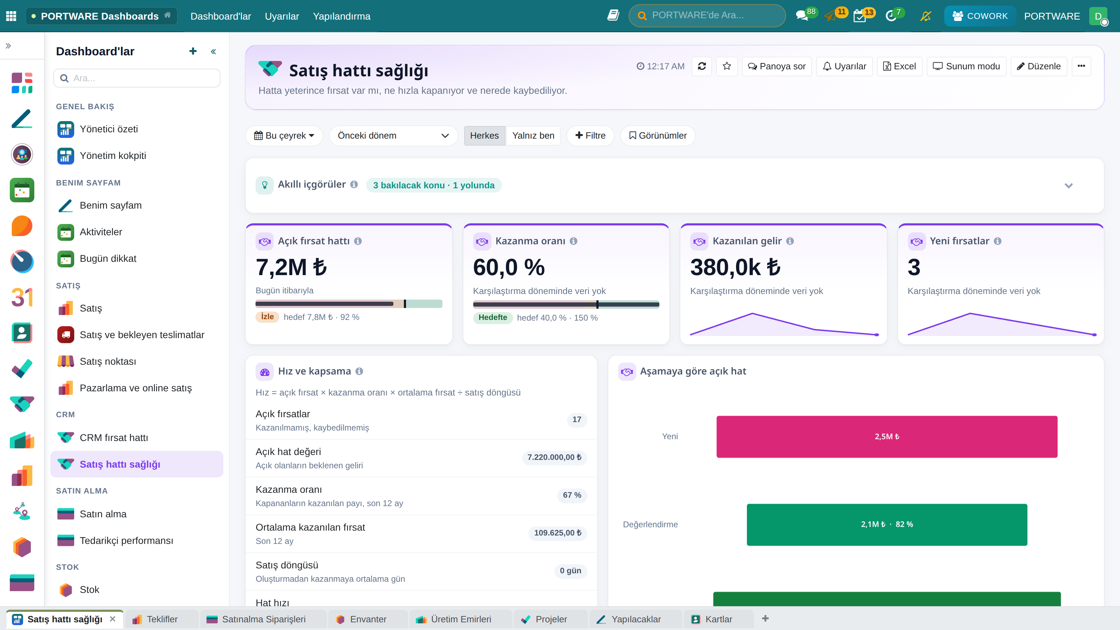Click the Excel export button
(x=899, y=66)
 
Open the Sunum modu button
(x=966, y=66)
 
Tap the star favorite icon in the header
(x=727, y=66)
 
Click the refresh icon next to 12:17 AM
(x=702, y=66)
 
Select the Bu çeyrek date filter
(x=284, y=136)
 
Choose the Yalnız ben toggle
(x=533, y=136)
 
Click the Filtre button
(x=590, y=136)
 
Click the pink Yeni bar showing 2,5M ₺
(x=887, y=436)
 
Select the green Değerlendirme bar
(x=887, y=524)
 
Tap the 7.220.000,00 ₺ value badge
(x=554, y=457)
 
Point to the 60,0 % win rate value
(x=509, y=267)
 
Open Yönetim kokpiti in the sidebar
(x=113, y=156)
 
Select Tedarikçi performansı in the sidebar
(x=126, y=540)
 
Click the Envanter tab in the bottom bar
(x=368, y=619)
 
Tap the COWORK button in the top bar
(x=980, y=16)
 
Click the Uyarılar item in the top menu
(x=282, y=16)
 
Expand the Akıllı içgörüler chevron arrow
(x=1068, y=185)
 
